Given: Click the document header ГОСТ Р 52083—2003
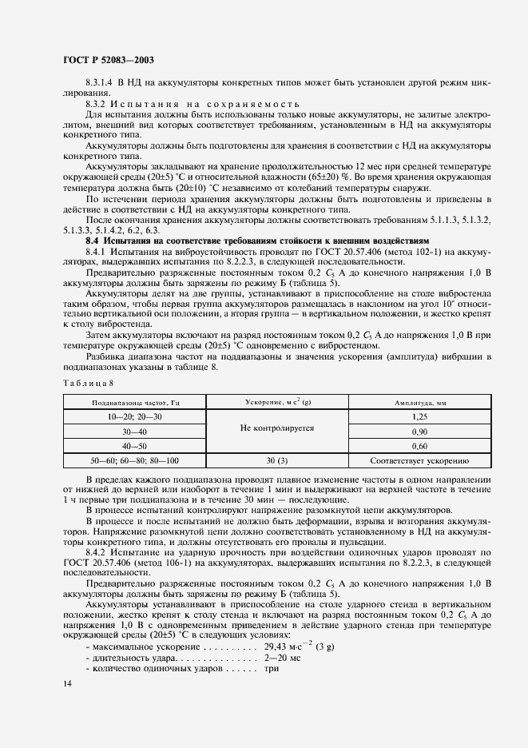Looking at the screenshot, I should click(108, 59).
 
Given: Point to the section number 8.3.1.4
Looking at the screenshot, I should click(101, 83).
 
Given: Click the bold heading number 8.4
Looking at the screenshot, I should click(94, 240).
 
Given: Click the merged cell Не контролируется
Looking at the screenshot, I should click(276, 428).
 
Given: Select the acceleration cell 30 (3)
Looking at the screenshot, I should click(276, 461).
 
